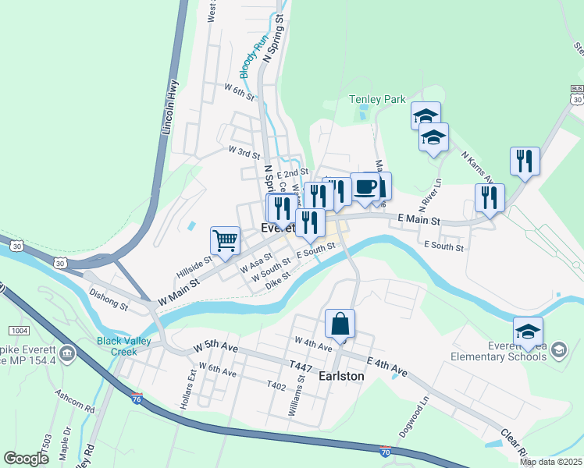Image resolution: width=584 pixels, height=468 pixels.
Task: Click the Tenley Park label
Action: click(x=377, y=99)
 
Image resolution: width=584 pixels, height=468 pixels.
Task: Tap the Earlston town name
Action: click(x=342, y=376)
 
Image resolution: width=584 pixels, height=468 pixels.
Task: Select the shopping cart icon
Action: click(x=225, y=240)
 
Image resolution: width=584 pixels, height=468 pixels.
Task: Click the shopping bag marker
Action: click(x=340, y=324)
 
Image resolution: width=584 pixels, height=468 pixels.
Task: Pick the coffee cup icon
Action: click(x=365, y=187)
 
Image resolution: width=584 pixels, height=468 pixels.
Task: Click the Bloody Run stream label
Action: click(x=253, y=55)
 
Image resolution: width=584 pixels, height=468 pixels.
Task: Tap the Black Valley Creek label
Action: click(x=128, y=346)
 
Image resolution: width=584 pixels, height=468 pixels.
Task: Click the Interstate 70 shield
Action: click(x=385, y=451)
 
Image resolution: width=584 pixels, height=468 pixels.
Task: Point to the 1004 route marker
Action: click(x=18, y=331)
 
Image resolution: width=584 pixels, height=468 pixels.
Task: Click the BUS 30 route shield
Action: click(x=576, y=95)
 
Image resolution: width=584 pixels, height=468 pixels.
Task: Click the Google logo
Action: click(x=27, y=459)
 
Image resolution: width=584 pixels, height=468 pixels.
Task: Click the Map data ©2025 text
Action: click(x=550, y=462)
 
